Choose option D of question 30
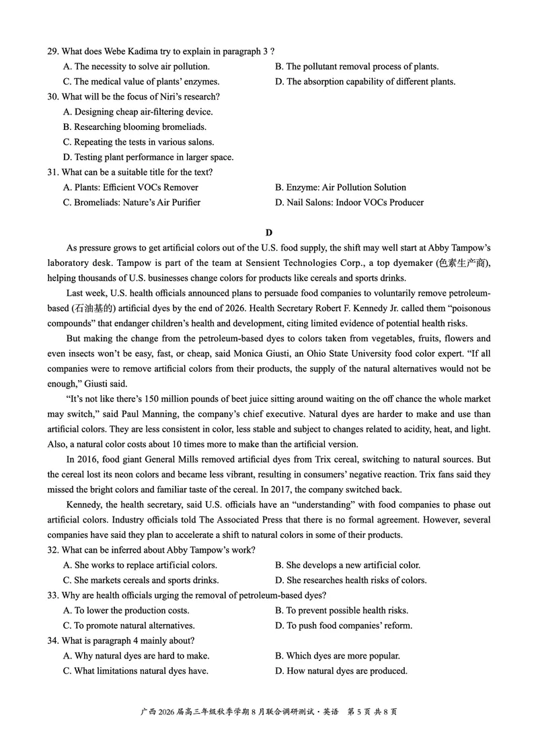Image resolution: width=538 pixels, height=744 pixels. (148, 157)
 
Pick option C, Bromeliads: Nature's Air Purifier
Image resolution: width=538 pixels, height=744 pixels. (131, 202)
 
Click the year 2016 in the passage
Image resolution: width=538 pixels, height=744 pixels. (93, 459)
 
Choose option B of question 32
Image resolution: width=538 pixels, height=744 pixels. (348, 565)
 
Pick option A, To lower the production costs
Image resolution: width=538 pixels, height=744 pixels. (126, 610)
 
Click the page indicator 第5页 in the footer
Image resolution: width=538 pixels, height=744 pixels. (361, 711)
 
